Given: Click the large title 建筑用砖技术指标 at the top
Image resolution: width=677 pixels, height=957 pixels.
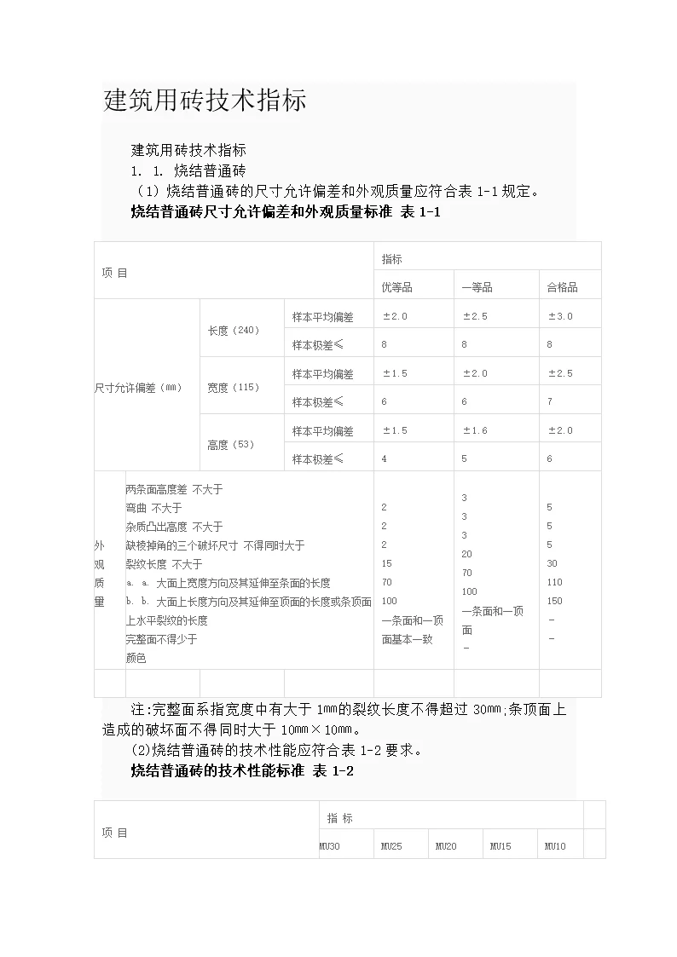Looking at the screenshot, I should point(205,101).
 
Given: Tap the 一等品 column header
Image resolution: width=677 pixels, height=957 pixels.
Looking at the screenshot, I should point(477,287).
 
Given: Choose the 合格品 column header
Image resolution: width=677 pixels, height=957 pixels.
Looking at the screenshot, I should point(562,287).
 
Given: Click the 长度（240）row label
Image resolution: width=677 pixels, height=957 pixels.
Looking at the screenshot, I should point(233,330).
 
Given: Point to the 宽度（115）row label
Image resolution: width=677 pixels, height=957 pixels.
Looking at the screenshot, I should point(233,387).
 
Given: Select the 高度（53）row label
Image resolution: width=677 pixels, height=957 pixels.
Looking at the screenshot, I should point(230,444).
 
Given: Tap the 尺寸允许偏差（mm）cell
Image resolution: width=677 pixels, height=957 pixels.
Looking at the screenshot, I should point(138,387).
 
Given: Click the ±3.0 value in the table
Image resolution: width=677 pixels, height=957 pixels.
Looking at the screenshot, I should point(560,316).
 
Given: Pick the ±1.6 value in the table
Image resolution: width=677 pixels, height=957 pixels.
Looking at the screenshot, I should point(475,430).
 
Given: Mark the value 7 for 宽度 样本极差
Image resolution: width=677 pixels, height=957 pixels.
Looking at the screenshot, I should point(550,401).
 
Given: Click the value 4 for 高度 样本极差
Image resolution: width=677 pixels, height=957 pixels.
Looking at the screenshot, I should point(384,458).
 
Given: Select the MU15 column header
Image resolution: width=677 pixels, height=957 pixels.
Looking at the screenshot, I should point(501,846).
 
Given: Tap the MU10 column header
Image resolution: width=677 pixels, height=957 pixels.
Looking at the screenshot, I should point(554,846).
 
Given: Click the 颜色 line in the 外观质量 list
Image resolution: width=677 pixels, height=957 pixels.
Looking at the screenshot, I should point(136,658).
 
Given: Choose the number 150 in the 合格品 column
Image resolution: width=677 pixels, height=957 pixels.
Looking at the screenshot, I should point(554,601).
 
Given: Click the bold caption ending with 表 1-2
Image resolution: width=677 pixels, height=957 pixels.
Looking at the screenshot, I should point(242,770).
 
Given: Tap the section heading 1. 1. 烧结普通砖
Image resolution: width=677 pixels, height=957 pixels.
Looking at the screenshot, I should point(188,171).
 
